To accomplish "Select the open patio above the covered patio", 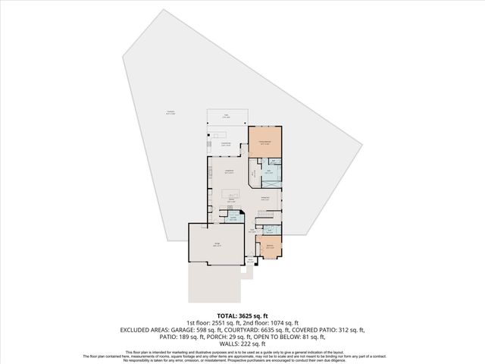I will coord(227,118).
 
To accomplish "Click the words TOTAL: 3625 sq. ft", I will coord(242,315).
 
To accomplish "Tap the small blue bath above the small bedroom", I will coord(270,229).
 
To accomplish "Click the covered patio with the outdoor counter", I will coord(226,143).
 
